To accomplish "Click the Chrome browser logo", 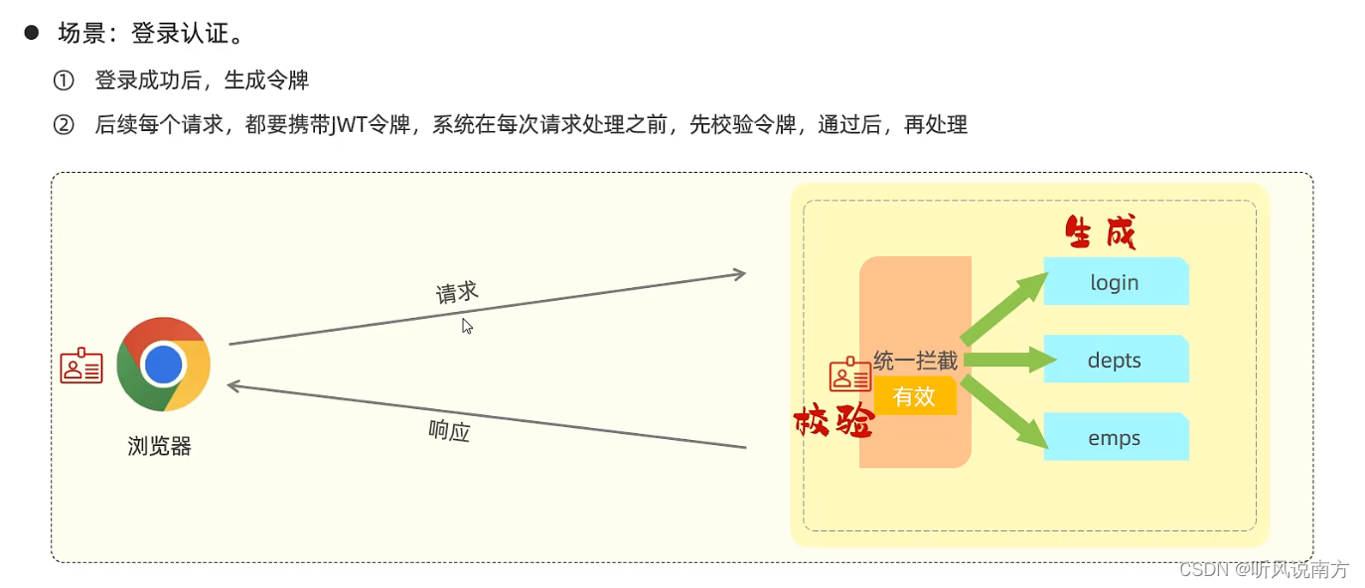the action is point(163,365).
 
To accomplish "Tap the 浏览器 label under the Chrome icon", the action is point(159,446).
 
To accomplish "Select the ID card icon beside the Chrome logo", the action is point(81,367).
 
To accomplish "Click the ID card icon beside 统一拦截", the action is point(850,373).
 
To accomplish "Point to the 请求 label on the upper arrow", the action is point(457,292).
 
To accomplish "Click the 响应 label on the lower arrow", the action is point(449,430).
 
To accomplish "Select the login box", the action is point(1115,282).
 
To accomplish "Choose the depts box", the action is point(1115,360).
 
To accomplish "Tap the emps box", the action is point(1115,438).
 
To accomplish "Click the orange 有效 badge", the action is point(914,396).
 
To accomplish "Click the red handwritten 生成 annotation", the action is point(1100,233).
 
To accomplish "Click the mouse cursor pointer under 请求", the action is point(466,325).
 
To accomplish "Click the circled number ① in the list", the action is point(65,79).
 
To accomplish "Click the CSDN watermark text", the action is point(1262,569).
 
